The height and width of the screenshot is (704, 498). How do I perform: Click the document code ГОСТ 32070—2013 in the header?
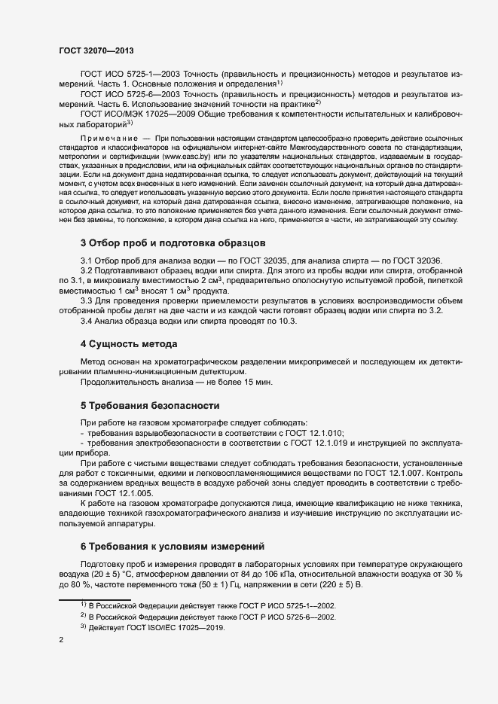tap(96, 50)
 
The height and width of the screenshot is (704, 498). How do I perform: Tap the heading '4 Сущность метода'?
tap(129, 344)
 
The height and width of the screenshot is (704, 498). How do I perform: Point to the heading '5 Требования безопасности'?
tap(150, 406)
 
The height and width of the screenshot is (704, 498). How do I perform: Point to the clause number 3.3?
tap(87, 301)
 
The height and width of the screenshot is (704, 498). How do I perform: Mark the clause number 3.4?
tap(87, 322)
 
